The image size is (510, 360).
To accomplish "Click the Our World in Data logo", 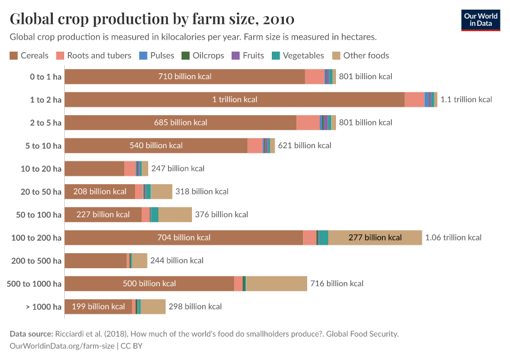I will pos(480,20).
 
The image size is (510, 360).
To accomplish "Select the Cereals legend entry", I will pos(29,56).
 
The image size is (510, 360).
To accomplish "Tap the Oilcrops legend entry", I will pos(203,56).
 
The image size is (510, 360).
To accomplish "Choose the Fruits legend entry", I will pos(248,56).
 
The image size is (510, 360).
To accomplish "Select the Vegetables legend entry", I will pos(298,56).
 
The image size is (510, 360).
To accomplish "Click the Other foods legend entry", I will pos(361,56).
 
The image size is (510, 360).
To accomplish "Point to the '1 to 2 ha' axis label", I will pos(46,100).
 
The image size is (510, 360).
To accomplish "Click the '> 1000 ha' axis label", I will pos(43,307).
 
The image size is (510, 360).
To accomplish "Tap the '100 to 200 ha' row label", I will pos(37,238).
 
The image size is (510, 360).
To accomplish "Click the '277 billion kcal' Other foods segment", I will pos(375,238).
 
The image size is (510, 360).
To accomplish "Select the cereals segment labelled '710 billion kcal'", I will pos(185,77).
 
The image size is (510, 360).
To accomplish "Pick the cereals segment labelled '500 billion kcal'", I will pos(149,284).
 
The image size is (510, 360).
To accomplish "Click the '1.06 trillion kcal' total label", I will pos(453,238).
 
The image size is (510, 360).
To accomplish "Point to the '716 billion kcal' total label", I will pos(337,284).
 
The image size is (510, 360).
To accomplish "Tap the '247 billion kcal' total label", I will pos(178,169).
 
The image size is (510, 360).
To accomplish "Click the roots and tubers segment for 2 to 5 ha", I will pos(308,122).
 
